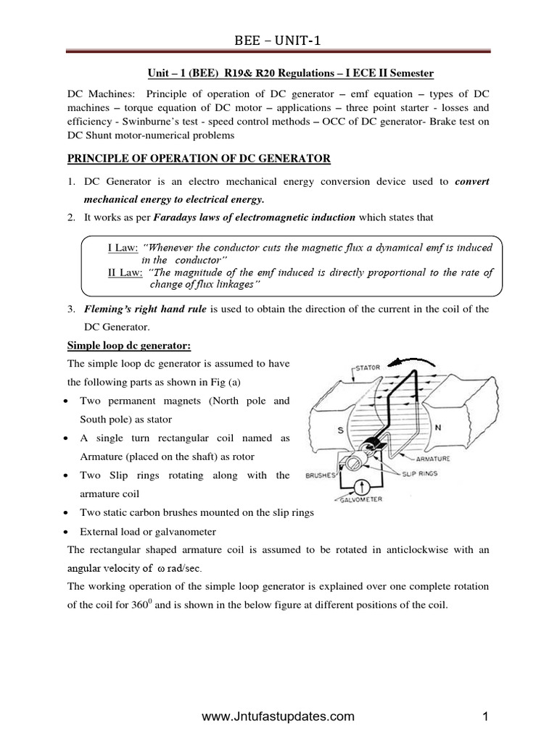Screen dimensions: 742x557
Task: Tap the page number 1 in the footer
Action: pyautogui.click(x=487, y=717)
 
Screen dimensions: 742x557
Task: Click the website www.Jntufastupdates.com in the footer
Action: pyautogui.click(x=278, y=717)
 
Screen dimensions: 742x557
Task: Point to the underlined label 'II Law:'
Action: pyautogui.click(x=124, y=272)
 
